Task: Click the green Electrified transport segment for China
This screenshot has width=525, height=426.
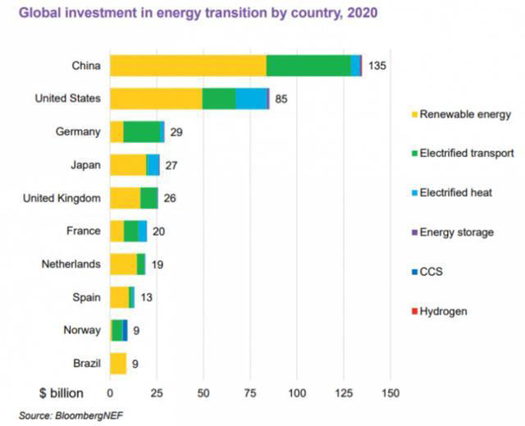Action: (x=308, y=66)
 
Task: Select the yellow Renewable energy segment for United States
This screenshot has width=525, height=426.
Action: (x=156, y=98)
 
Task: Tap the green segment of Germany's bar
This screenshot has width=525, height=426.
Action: (x=142, y=131)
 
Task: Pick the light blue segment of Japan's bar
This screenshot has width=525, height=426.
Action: (x=153, y=164)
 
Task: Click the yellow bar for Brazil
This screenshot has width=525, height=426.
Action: (x=118, y=363)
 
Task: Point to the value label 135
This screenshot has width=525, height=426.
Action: (x=377, y=66)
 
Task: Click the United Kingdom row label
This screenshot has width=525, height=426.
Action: (x=62, y=198)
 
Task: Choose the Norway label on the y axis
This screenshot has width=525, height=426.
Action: (x=82, y=330)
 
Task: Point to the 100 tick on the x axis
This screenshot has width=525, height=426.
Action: (x=297, y=392)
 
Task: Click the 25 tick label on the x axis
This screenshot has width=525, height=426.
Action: (x=157, y=392)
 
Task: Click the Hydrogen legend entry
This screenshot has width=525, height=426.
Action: (x=443, y=311)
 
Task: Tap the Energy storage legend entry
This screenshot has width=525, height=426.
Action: (x=456, y=232)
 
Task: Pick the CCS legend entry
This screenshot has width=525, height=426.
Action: (x=431, y=272)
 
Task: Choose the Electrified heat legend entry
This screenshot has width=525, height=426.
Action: (x=455, y=193)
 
